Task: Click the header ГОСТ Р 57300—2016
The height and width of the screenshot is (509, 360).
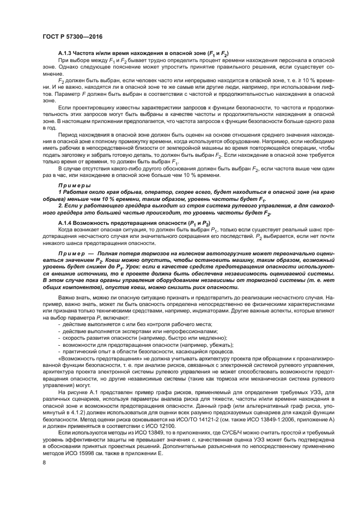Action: pos(73,36)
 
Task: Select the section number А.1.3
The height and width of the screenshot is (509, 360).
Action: pos(68,53)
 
